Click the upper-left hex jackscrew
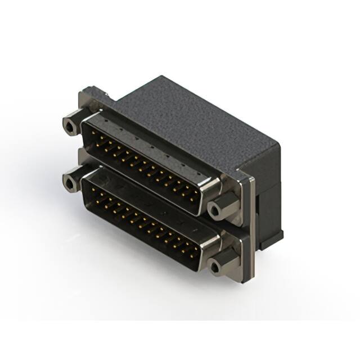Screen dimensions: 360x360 coord(70,125)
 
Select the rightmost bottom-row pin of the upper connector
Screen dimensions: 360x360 coord(193,198)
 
